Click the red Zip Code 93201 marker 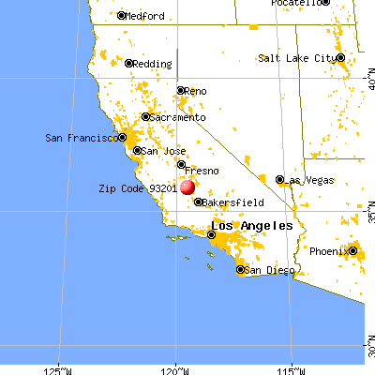pos(187,187)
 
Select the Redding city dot pos(129,64)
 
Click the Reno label pos(196,91)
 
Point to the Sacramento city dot pos(145,117)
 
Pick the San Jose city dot pos(135,150)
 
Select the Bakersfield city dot pos(198,202)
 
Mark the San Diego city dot pos(240,270)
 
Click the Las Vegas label pos(307,179)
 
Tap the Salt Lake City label pos(297,58)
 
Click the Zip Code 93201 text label pos(138,187)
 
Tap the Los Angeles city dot pos(210,235)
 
